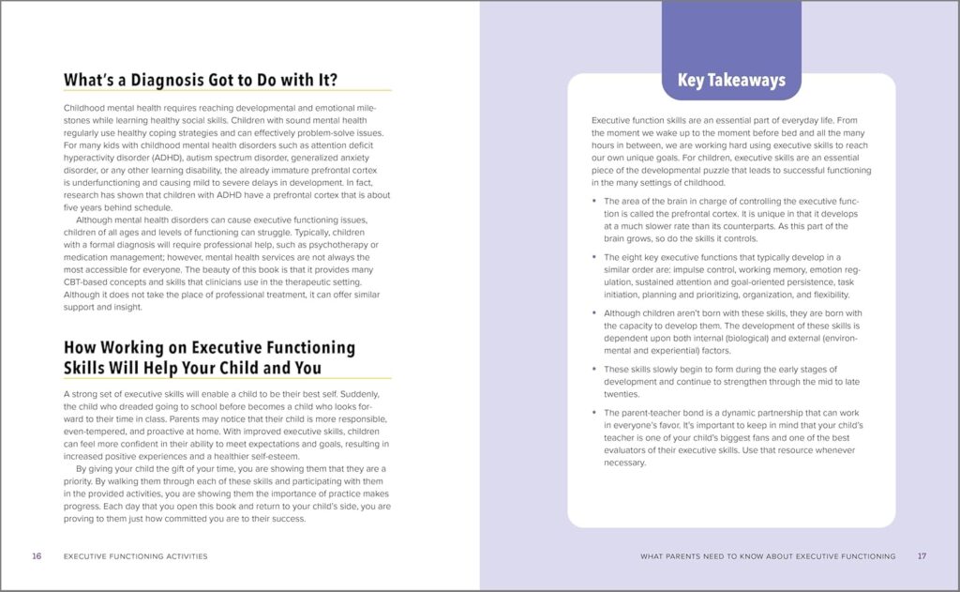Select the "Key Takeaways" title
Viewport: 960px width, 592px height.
coord(730,81)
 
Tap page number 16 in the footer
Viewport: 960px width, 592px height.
coord(37,556)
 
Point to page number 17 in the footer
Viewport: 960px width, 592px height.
coord(922,556)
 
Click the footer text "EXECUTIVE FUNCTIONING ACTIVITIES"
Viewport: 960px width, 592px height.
coord(135,556)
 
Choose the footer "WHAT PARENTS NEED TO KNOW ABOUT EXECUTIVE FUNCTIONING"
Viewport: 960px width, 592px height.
coord(768,556)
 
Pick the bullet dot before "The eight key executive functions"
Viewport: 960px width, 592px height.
coord(594,256)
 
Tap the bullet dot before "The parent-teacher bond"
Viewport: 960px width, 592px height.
coord(594,413)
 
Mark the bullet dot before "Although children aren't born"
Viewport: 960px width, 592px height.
coord(594,313)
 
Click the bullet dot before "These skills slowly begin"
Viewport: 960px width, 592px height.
coord(594,370)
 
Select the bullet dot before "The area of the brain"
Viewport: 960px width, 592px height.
coord(594,201)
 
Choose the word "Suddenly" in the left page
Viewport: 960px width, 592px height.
coord(365,393)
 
